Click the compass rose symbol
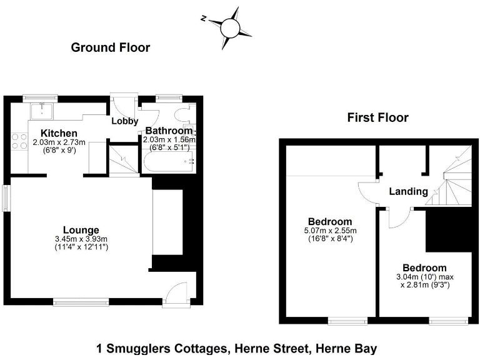(x=229, y=27)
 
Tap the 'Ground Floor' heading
(x=111, y=47)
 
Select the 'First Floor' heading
(x=378, y=117)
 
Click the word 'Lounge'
(x=81, y=230)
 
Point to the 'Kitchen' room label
(x=59, y=133)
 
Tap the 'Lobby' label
(x=125, y=121)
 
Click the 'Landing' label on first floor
(x=408, y=192)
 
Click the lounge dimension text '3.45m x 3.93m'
(x=81, y=239)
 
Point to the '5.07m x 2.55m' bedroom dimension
(x=330, y=231)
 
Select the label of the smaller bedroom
(x=424, y=267)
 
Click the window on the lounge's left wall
(x=6, y=198)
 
